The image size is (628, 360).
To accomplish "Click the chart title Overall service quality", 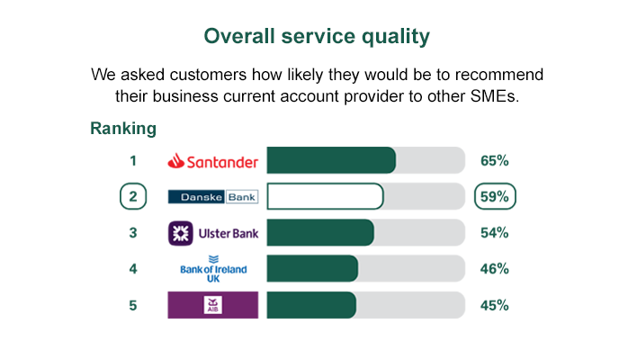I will click(x=316, y=37).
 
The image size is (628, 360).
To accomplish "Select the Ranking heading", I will click(x=123, y=129).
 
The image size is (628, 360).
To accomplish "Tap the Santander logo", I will click(x=213, y=161).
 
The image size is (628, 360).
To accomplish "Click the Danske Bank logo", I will click(x=213, y=196).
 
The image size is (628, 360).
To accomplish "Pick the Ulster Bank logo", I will click(x=213, y=233).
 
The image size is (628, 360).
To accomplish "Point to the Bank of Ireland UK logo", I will click(x=213, y=268).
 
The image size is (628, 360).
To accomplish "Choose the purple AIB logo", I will click(x=213, y=305).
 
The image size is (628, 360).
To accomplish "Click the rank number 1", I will click(x=132, y=161).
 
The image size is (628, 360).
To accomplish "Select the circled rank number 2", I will click(x=132, y=197).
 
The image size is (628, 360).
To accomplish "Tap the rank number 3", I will click(x=132, y=233).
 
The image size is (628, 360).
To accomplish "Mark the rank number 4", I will click(x=132, y=269).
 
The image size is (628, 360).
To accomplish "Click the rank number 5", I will click(x=132, y=305).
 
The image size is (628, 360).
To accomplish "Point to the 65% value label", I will click(x=495, y=161).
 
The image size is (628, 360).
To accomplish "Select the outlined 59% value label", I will click(x=496, y=196).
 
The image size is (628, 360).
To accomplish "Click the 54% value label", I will click(x=495, y=233).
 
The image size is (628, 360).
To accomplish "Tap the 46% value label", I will click(x=495, y=269).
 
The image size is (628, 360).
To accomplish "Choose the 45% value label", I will click(x=495, y=305).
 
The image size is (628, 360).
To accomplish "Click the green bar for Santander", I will click(x=331, y=161).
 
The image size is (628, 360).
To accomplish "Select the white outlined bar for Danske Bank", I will click(x=325, y=196).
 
